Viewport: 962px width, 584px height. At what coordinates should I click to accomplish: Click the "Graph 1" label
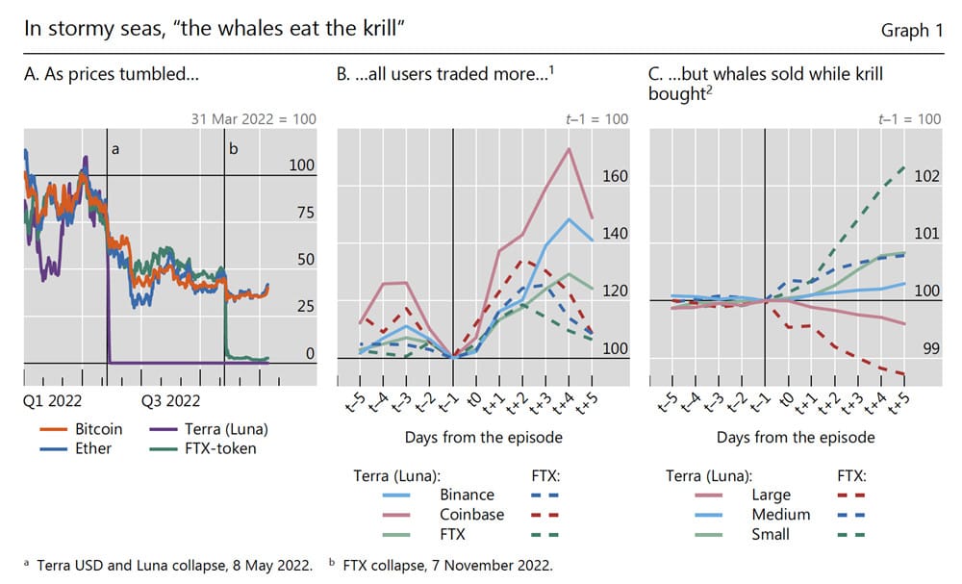point(911,30)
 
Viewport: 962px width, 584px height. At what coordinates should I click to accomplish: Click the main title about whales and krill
point(213,30)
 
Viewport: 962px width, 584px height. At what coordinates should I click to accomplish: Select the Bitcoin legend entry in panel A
point(99,428)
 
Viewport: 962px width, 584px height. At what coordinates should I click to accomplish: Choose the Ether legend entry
point(93,447)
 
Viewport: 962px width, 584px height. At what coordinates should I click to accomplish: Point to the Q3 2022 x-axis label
point(170,400)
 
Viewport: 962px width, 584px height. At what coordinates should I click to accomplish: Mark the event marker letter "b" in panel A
point(232,149)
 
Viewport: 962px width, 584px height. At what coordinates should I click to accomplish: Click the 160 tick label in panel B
point(615,176)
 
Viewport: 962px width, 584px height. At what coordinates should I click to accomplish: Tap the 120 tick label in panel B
point(615,291)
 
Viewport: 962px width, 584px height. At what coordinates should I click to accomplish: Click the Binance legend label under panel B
point(467,495)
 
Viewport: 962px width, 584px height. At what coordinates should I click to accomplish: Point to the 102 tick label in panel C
point(926,176)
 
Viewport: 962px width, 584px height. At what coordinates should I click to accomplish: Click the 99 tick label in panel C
point(930,347)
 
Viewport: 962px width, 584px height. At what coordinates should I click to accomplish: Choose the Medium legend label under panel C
point(780,514)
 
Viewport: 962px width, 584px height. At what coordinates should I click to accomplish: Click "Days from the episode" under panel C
point(796,437)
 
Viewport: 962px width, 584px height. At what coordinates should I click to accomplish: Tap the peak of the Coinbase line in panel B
point(569,149)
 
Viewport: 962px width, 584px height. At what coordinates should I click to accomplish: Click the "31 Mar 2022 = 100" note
point(253,119)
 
